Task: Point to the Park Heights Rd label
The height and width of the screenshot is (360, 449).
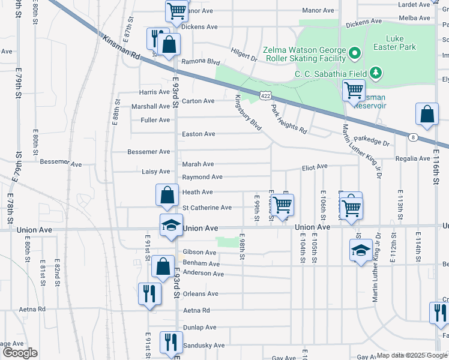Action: pos(289,119)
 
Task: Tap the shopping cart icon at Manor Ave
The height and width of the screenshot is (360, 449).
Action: pos(176,10)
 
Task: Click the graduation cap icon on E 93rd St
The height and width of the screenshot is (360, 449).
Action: pos(171,226)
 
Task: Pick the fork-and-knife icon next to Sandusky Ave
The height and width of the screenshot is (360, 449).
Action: pos(171,343)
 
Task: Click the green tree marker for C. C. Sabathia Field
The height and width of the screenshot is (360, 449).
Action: pos(376,73)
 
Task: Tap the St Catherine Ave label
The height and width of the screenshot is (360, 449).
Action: pos(207,208)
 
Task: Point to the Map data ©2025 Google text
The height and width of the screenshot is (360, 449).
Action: pos(411,356)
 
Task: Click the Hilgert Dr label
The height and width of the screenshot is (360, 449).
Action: pos(244,59)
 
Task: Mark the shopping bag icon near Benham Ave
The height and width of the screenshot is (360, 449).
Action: pos(163,267)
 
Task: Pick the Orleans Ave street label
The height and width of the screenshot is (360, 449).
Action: pos(200,294)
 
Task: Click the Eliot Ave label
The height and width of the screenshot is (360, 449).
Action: pos(315,166)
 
